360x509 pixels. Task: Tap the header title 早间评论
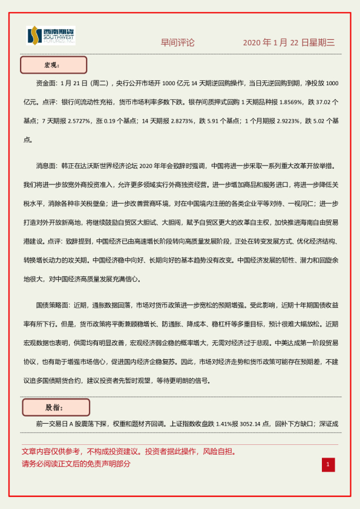pyautogui.click(x=177, y=43)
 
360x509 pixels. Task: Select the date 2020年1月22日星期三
pyautogui.click(x=289, y=43)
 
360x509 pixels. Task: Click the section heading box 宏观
pyautogui.click(x=53, y=65)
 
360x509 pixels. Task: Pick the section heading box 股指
pyautogui.click(x=55, y=407)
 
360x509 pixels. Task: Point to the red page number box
pyautogui.click(x=328, y=464)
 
